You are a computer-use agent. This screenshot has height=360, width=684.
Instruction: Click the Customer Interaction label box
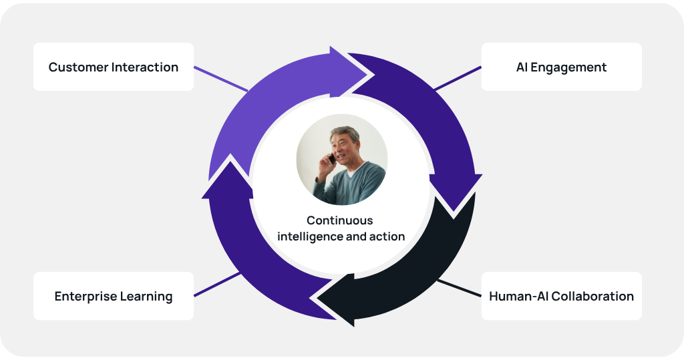point(114,67)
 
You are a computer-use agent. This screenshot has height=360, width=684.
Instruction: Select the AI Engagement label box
point(561,67)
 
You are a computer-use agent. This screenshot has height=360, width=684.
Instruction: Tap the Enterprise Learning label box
point(114,296)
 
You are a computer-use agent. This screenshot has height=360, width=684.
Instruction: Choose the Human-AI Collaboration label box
point(561,296)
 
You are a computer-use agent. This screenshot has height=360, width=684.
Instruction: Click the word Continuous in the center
point(340,220)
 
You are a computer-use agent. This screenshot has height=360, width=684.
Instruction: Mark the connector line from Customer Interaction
point(220,79)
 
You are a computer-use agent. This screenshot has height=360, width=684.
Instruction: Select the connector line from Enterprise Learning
point(217,283)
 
